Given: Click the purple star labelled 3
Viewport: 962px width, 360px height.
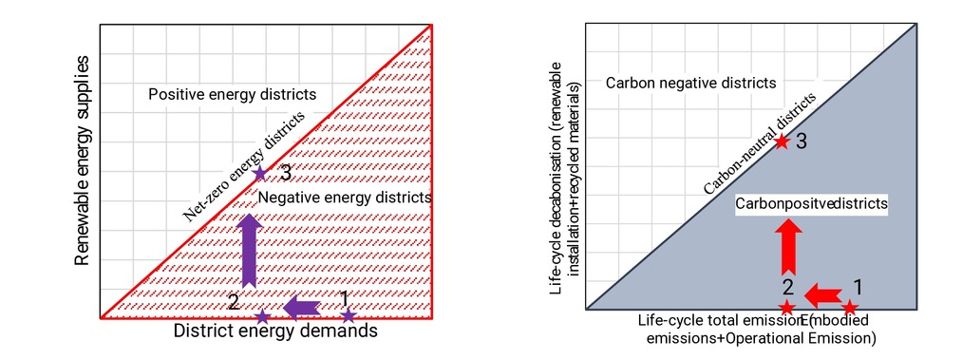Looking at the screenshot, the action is coord(260,174).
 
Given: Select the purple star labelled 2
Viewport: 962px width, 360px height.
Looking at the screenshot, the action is coord(263,316).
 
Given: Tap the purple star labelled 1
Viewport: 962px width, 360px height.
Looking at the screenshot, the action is coord(349,316).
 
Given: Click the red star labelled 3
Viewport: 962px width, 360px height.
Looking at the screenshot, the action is coord(781,142).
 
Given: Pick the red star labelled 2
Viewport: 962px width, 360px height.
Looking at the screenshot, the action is coord(788,307).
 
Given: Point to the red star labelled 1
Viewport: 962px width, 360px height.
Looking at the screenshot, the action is coord(850,307).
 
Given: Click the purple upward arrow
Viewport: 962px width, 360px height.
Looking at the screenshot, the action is coord(249,250).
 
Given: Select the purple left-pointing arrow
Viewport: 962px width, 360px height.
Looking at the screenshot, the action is coord(302,307).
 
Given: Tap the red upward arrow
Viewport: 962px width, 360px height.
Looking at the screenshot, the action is coord(788,247).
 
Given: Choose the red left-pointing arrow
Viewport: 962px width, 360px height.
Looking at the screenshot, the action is coord(822,295).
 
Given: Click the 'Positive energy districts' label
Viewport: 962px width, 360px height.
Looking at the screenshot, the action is coord(233,94).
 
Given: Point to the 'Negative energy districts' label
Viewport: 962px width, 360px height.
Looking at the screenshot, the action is coord(345,199).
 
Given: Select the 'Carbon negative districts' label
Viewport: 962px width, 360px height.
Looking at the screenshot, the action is coord(690,83).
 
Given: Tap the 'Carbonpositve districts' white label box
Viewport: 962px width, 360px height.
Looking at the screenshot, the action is coord(813,203).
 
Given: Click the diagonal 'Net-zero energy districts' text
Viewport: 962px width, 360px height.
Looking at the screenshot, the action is coord(243,166).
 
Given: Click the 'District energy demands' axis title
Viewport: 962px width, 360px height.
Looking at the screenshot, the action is coord(275,332).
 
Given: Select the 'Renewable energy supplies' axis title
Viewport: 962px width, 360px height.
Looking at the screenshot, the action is coord(82,161).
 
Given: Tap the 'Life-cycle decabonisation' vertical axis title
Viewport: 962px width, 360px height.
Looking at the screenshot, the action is coord(564,178).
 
